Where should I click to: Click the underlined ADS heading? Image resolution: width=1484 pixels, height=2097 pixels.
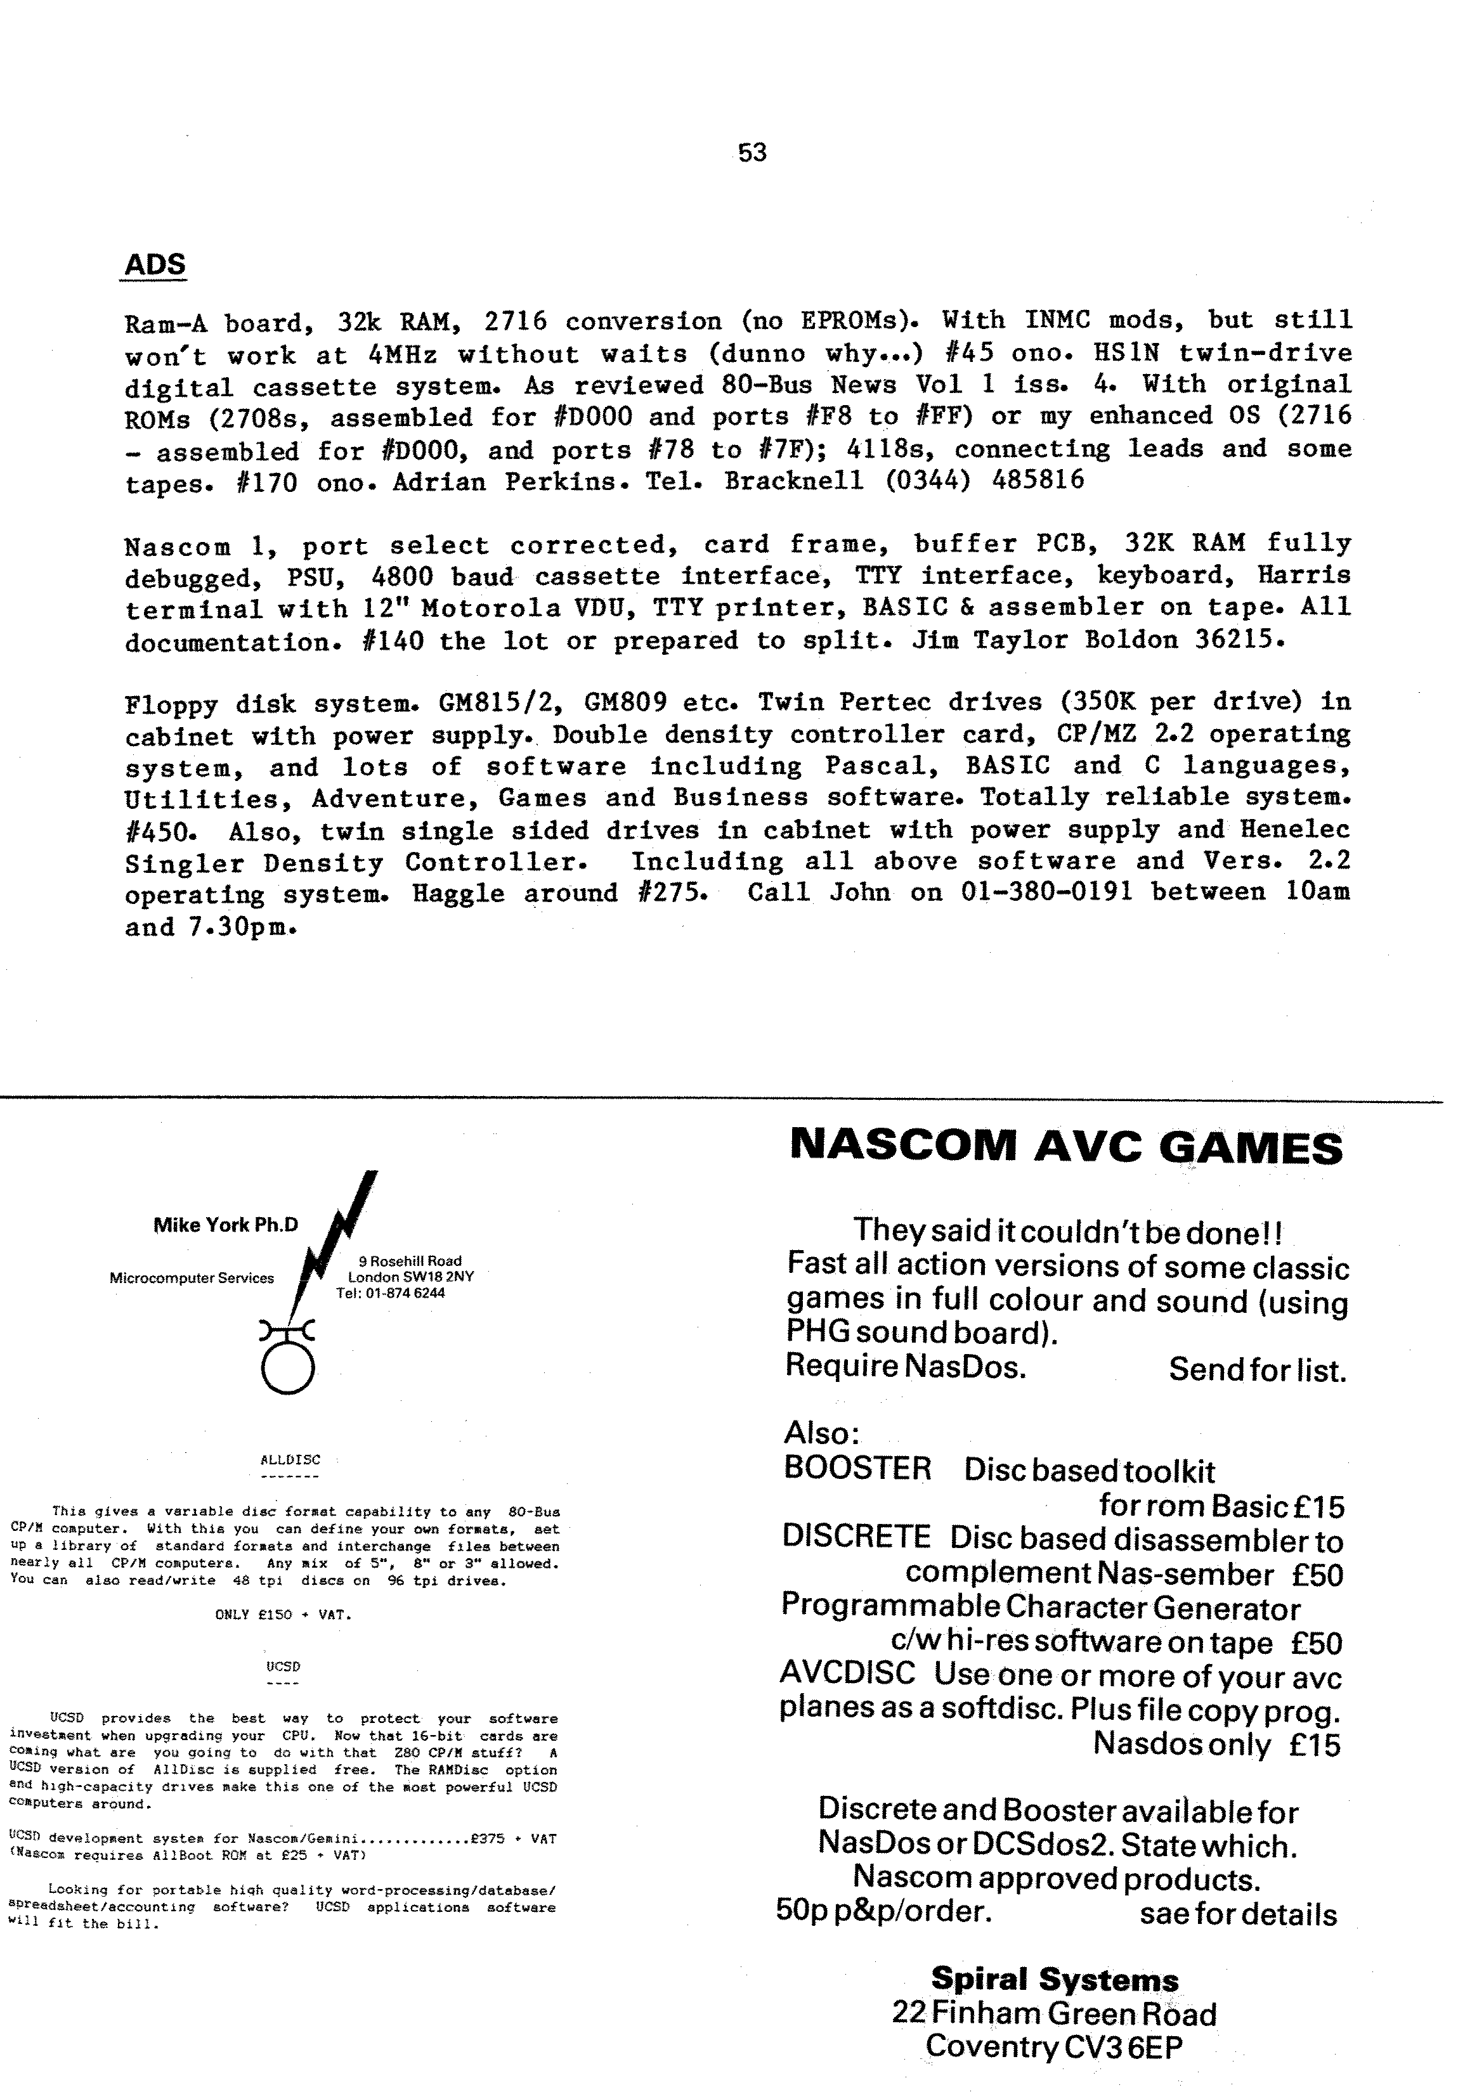click(155, 265)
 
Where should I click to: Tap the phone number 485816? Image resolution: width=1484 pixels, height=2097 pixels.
click(1037, 481)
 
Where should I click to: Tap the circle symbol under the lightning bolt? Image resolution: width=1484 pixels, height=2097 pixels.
click(288, 1371)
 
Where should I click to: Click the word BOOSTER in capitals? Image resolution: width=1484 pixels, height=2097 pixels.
click(857, 1469)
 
